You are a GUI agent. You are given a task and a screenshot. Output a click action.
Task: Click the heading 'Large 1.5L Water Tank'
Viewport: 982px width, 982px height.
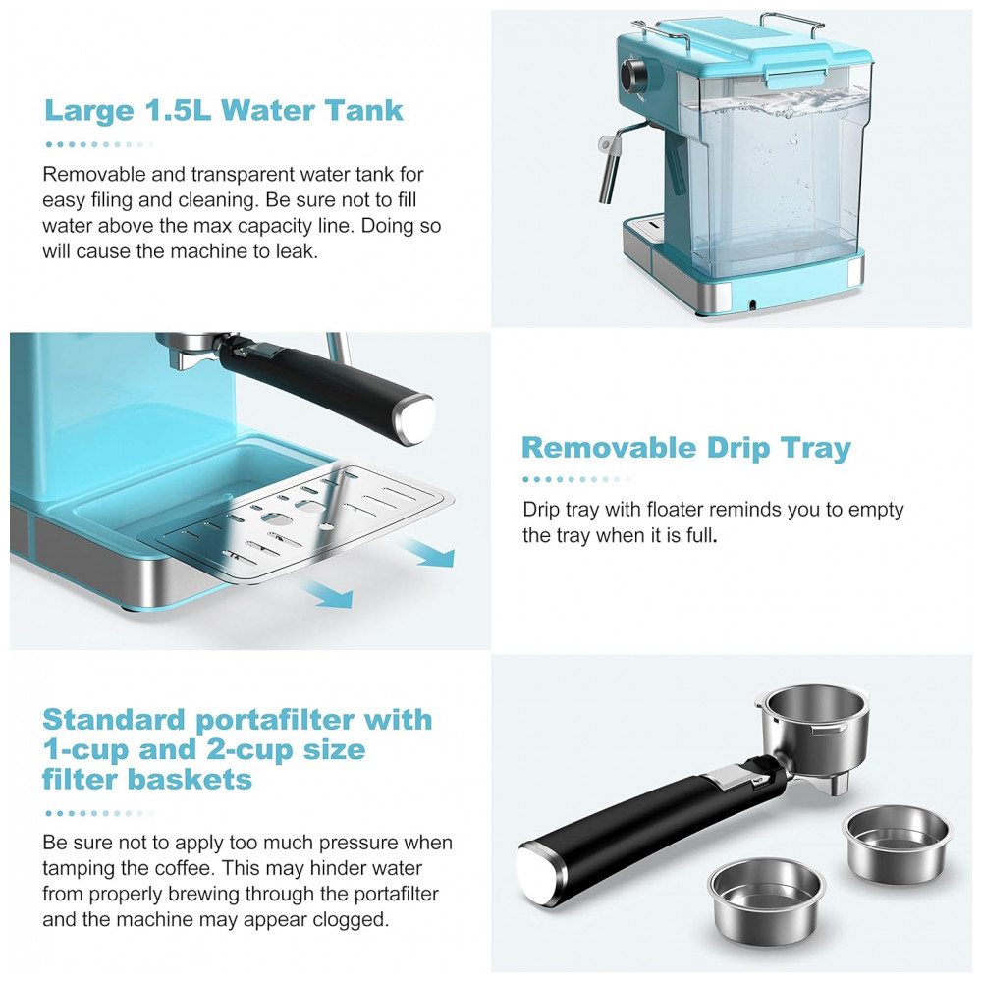(x=224, y=110)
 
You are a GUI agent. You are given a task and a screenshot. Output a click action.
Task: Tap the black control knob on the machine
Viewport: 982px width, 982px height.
(x=634, y=75)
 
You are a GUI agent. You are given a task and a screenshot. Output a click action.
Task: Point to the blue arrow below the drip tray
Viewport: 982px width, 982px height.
(x=326, y=593)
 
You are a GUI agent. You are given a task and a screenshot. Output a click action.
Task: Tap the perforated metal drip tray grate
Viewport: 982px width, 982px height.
(x=296, y=523)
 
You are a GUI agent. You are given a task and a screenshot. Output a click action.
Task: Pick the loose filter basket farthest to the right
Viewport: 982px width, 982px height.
(x=897, y=844)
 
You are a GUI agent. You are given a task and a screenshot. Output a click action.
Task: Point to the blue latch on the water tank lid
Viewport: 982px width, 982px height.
(x=794, y=77)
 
